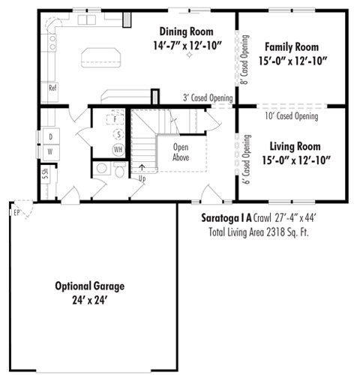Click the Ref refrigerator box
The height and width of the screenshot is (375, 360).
click(52, 88)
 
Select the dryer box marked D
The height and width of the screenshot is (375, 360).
click(50, 137)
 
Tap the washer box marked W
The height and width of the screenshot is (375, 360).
click(50, 151)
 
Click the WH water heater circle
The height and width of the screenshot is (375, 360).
click(118, 149)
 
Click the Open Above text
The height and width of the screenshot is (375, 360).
click(181, 153)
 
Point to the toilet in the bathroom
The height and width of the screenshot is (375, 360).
click(120, 171)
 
